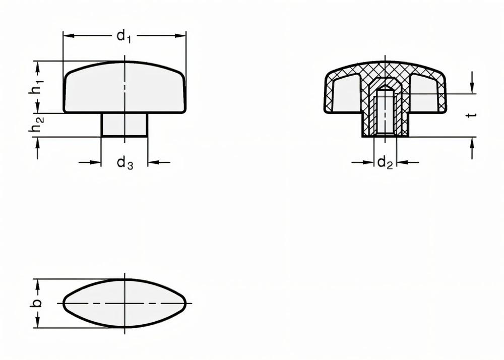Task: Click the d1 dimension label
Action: point(123,36)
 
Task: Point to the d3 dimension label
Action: point(124,163)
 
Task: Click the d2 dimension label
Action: point(384,163)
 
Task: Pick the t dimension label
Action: point(472,115)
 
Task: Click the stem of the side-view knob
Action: point(124,124)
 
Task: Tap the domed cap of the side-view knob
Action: point(124,87)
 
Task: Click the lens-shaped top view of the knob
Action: point(124,303)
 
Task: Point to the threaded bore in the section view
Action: point(385,112)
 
